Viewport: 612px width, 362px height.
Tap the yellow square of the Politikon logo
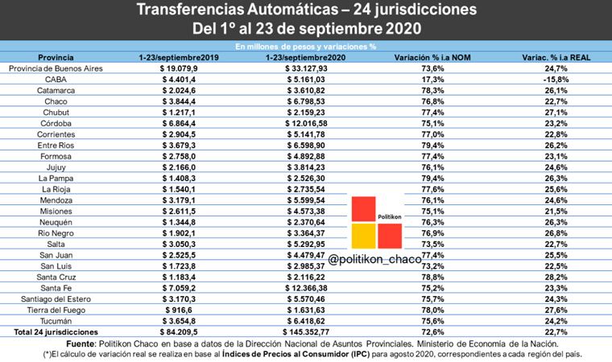(x=362, y=236)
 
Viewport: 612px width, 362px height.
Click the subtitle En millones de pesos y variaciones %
(x=305, y=47)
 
